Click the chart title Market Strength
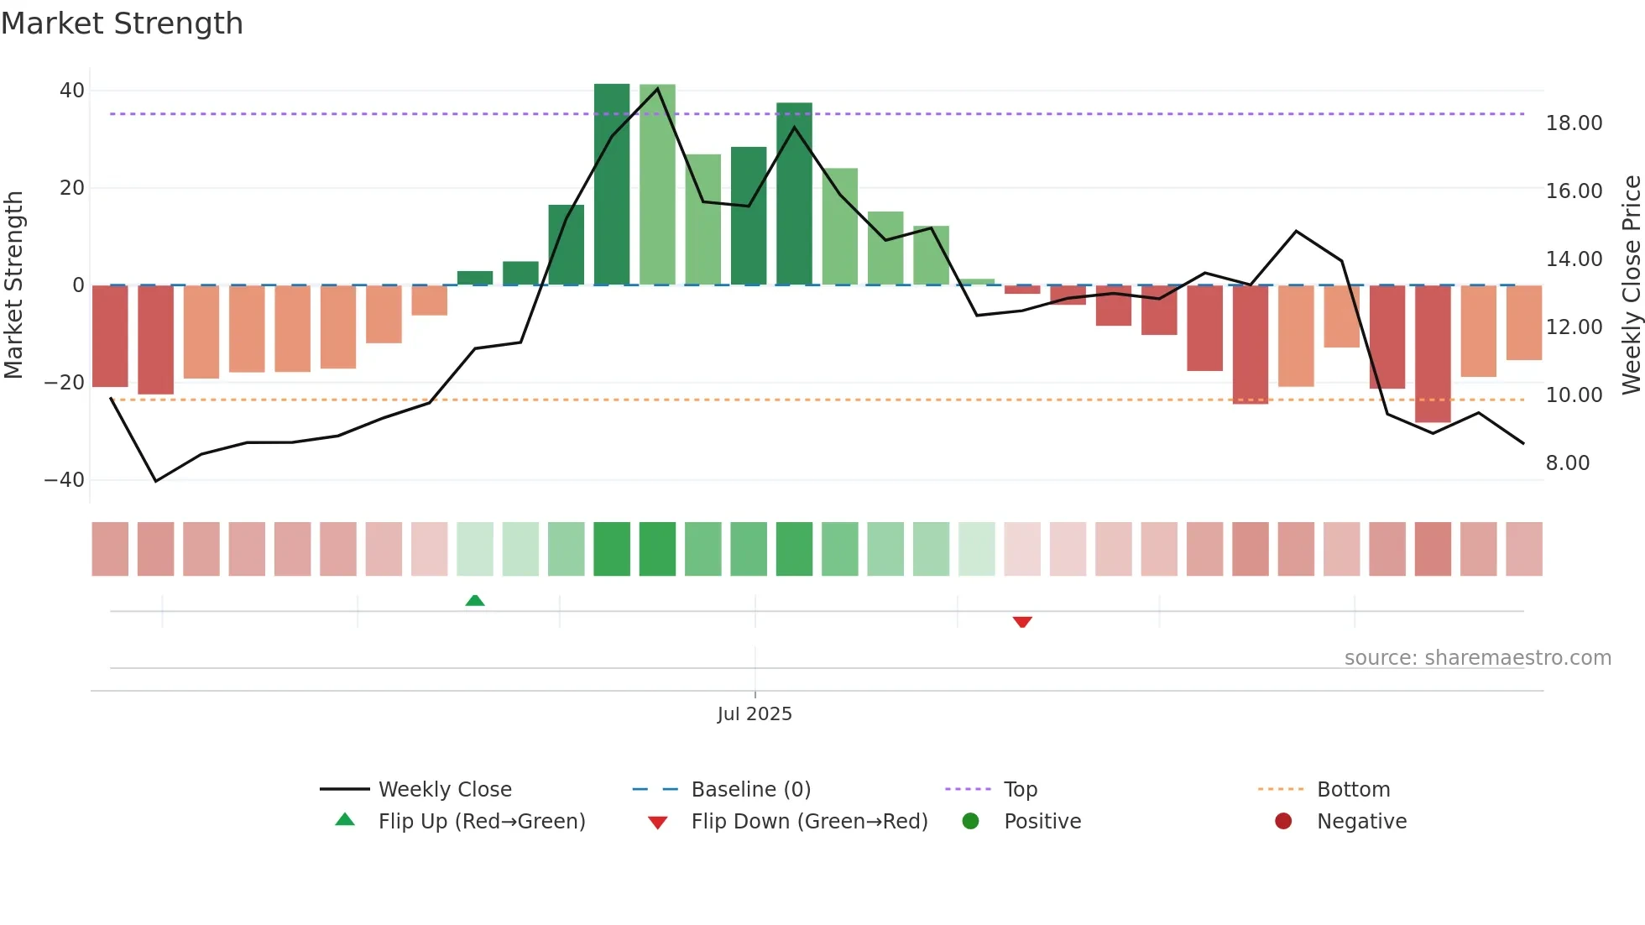click(122, 24)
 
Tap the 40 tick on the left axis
click(72, 91)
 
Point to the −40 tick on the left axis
click(65, 480)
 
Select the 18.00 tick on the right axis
click(1574, 123)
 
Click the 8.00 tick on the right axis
click(1568, 463)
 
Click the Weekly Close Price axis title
click(1631, 285)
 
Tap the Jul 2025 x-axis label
click(755, 714)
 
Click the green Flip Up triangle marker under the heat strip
click(475, 600)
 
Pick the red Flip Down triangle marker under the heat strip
click(1022, 622)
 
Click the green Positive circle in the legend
click(971, 822)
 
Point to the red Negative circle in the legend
click(1283, 822)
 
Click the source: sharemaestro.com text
click(1477, 658)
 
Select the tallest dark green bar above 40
click(612, 185)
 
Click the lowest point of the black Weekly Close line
click(156, 481)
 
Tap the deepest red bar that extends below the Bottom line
click(1433, 353)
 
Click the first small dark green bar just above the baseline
click(475, 278)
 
